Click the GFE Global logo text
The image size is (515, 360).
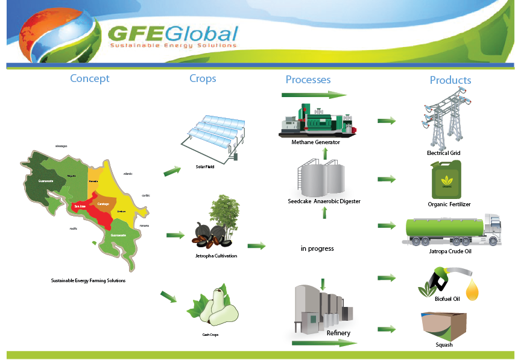click(174, 34)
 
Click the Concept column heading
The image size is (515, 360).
click(90, 78)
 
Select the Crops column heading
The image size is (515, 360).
click(203, 78)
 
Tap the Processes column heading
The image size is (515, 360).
click(308, 80)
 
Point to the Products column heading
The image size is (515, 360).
click(450, 80)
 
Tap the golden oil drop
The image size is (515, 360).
click(474, 290)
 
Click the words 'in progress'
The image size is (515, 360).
click(317, 248)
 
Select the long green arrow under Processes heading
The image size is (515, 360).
click(314, 95)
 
